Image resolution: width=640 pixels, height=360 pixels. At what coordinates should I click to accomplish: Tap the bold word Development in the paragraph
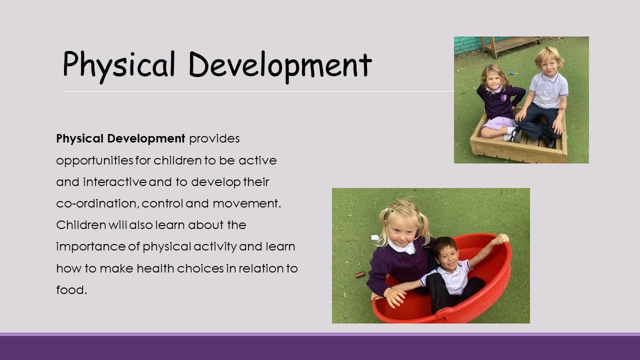pyautogui.click(x=146, y=139)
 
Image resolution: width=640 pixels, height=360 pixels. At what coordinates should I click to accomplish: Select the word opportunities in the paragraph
pyautogui.click(x=94, y=161)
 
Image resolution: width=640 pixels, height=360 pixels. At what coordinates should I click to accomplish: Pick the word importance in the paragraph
pyautogui.click(x=90, y=247)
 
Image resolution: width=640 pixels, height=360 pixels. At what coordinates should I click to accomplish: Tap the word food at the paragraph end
pyautogui.click(x=70, y=289)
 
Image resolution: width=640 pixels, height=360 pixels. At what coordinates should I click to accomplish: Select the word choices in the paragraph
pyautogui.click(x=200, y=268)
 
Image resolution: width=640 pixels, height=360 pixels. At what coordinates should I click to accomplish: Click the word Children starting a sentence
pyautogui.click(x=81, y=225)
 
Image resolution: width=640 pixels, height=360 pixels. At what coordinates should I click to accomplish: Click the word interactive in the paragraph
pyautogui.click(x=115, y=182)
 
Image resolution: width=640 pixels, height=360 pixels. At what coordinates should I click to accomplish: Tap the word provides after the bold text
pyautogui.click(x=214, y=139)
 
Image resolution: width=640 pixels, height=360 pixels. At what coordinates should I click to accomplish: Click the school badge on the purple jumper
pyautogui.click(x=503, y=97)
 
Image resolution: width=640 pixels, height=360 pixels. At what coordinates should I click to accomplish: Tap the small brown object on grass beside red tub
pyautogui.click(x=360, y=275)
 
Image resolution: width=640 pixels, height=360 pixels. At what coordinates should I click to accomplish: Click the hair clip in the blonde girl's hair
pyautogui.click(x=395, y=208)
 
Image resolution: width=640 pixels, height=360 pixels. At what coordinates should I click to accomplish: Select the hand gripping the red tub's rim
pyautogui.click(x=502, y=239)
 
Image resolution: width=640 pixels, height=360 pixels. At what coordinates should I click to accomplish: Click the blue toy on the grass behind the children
pyautogui.click(x=513, y=73)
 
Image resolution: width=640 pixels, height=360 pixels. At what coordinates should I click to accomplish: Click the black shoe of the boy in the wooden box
pyautogui.click(x=516, y=135)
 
